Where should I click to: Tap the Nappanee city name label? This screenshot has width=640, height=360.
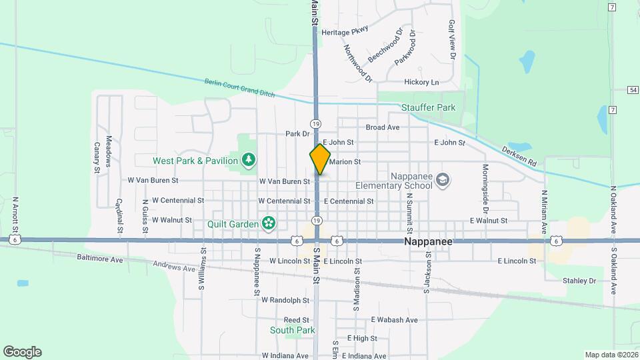428,242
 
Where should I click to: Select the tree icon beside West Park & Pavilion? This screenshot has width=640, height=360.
248,160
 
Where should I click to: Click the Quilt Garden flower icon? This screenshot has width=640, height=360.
268,224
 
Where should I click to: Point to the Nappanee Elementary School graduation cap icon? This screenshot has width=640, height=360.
443,180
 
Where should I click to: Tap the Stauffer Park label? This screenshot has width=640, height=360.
428,107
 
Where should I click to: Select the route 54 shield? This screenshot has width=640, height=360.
633,89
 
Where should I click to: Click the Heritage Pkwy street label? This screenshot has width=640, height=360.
345,32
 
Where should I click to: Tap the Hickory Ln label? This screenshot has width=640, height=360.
421,83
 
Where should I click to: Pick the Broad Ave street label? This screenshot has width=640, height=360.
383,127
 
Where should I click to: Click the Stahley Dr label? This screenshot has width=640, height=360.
579,281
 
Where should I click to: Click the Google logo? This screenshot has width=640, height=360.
22,352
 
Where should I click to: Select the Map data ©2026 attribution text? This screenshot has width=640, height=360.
611,355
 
